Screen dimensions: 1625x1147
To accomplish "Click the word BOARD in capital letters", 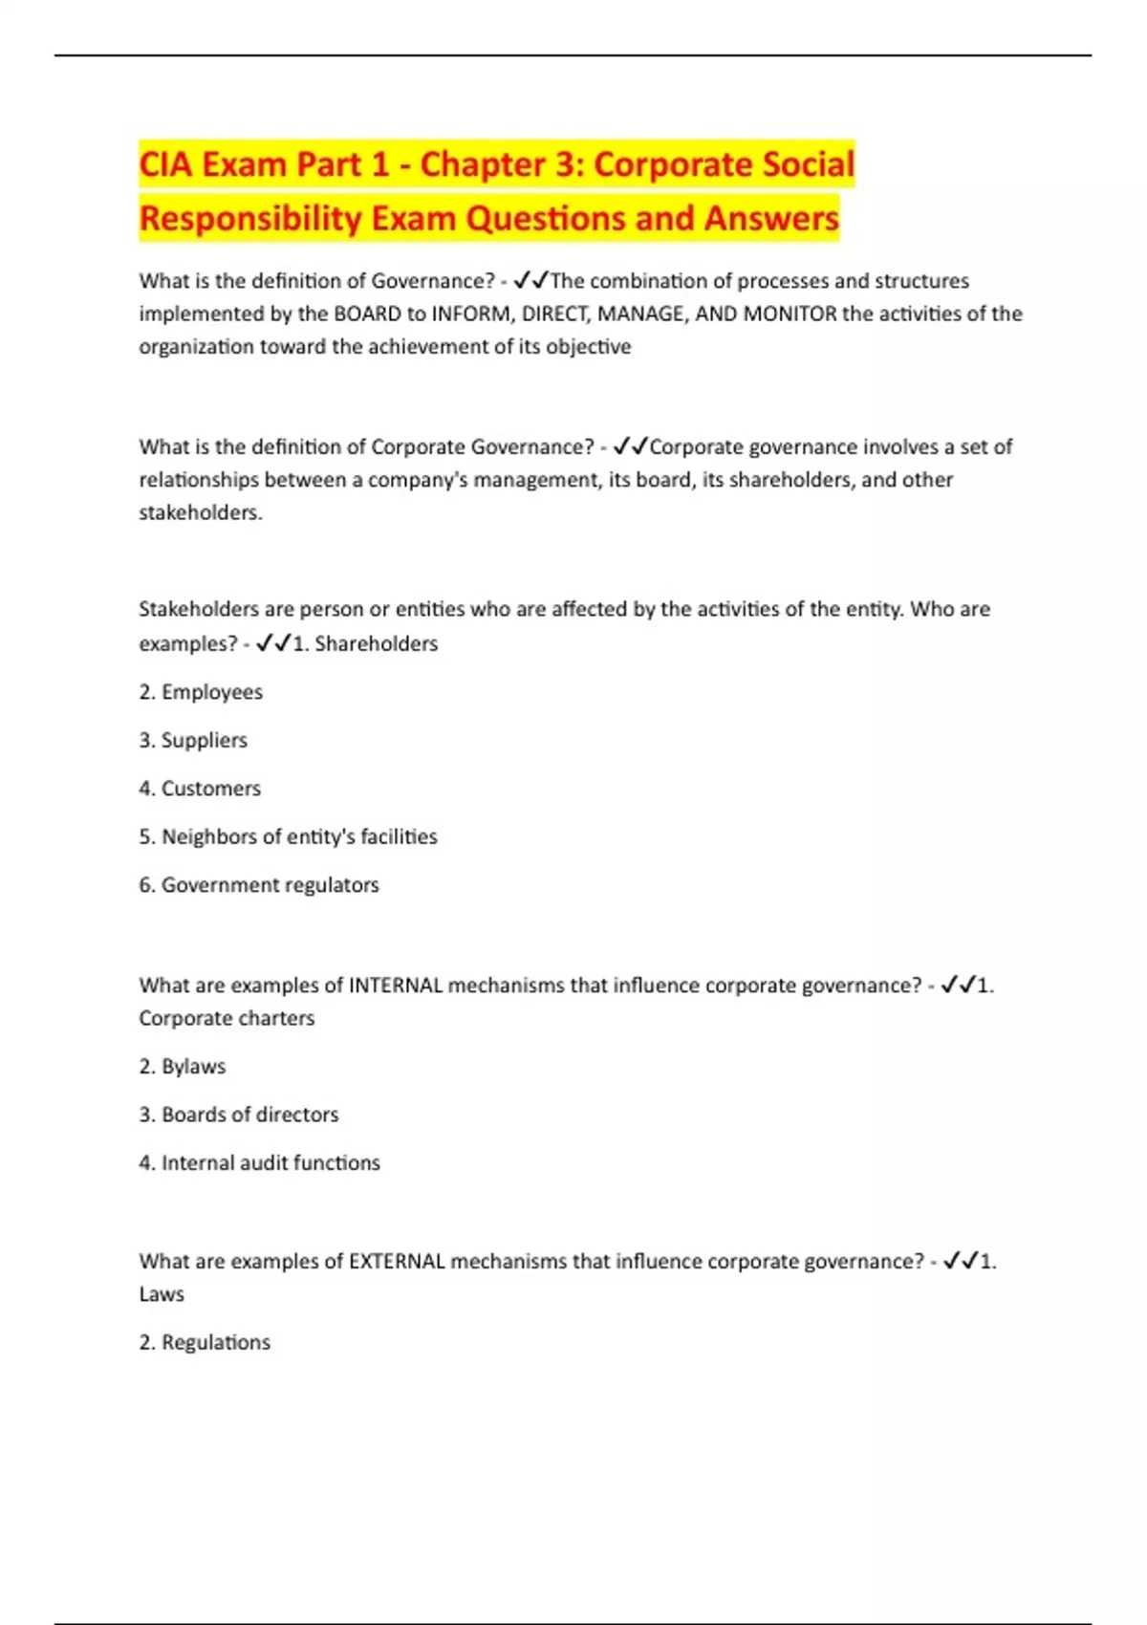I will click(367, 314).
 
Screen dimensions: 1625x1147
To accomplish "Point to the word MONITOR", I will click(790, 314).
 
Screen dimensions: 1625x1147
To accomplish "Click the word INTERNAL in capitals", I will click(396, 986).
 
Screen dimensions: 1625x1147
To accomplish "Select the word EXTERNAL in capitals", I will click(397, 1261).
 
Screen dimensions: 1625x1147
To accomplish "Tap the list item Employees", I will click(211, 692).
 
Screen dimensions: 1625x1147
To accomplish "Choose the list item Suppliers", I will click(204, 740).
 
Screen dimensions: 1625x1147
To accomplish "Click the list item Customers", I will click(210, 789).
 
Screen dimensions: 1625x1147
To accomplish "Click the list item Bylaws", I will click(193, 1067).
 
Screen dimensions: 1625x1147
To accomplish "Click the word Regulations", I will click(215, 1342).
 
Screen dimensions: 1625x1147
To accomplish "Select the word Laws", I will click(162, 1294).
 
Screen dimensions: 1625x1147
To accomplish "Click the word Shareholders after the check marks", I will click(376, 643).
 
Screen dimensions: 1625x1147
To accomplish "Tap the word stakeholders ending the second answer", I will click(200, 512).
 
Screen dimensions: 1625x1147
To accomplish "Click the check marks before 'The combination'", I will click(530, 280).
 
